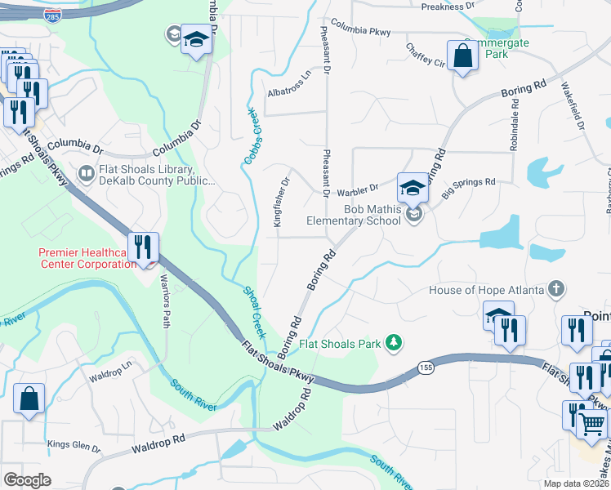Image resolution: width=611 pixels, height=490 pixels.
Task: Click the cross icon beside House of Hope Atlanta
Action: pos(556,290)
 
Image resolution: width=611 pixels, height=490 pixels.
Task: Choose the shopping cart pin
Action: pos(591,423)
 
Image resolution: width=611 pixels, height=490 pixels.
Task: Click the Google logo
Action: pos(27,480)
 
